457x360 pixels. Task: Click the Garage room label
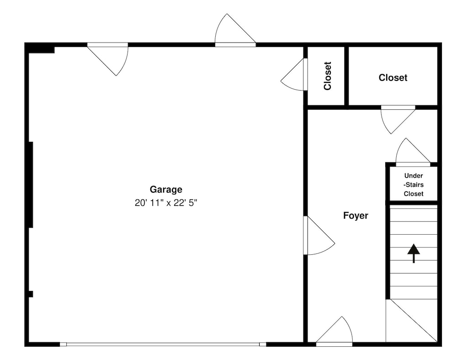(x=166, y=190)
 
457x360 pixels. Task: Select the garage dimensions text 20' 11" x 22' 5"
(x=166, y=203)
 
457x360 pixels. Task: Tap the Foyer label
(x=356, y=215)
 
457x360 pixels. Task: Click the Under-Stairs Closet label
(x=414, y=185)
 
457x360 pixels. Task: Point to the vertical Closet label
(x=327, y=76)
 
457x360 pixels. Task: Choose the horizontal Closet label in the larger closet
(x=393, y=78)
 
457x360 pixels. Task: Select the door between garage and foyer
(x=319, y=236)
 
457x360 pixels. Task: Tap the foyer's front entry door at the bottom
(x=335, y=332)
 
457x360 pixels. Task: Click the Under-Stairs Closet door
(x=413, y=152)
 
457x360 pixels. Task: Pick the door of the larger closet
(x=398, y=119)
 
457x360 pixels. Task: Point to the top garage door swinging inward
(x=108, y=59)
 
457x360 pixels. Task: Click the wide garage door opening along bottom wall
(x=163, y=344)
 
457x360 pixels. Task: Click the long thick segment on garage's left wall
(x=31, y=185)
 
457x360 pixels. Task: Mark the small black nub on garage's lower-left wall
(x=31, y=294)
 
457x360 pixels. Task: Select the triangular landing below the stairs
(x=412, y=321)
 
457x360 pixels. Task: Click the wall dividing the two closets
(x=346, y=76)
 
